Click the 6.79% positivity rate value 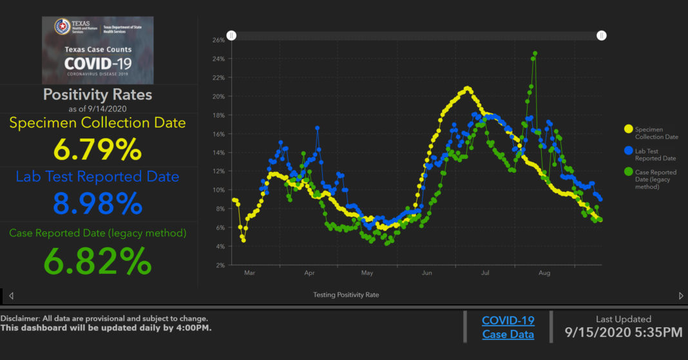pos(97,150)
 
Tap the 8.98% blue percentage pos(97,204)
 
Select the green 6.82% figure pos(97,261)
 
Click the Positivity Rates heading pos(97,95)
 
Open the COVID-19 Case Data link pos(508,327)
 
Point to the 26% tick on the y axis pos(218,40)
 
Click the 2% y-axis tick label pos(220,265)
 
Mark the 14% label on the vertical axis pos(218,153)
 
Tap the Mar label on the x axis pos(250,274)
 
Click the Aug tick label pos(544,274)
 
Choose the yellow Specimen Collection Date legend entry pos(651,133)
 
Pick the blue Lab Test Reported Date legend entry pos(651,155)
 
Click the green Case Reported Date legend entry pos(651,179)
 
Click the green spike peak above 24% pos(535,53)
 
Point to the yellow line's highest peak pos(467,88)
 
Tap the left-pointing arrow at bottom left pos(11,296)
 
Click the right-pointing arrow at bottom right pos(681,296)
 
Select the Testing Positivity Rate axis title pos(346,295)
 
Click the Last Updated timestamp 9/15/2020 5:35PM pos(623,333)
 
